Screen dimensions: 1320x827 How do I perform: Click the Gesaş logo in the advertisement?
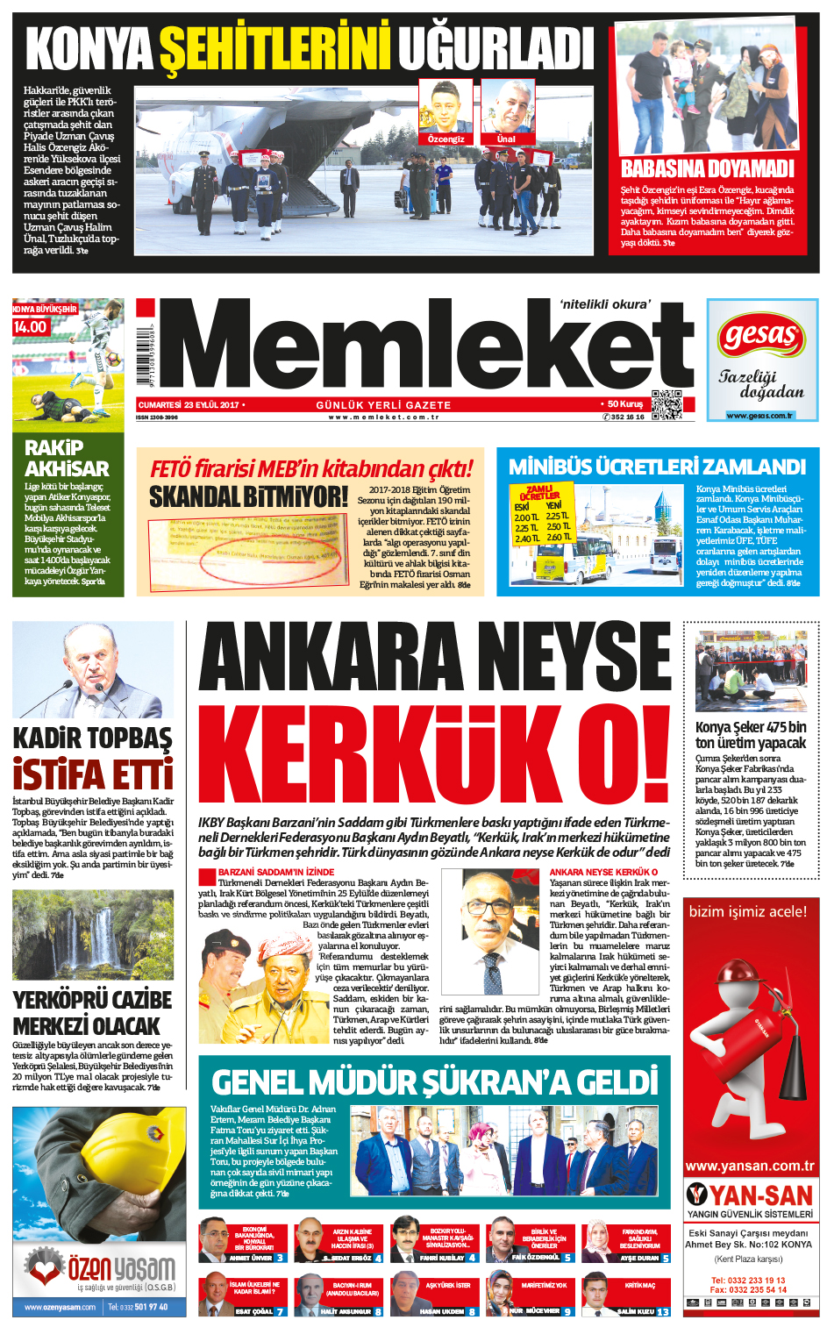tap(761, 336)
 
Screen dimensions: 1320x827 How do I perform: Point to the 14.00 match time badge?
tap(30, 327)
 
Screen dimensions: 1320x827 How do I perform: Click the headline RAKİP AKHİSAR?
tap(67, 459)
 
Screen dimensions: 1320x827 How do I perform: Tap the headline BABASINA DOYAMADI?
tap(707, 168)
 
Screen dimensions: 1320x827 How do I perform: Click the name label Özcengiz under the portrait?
tap(446, 139)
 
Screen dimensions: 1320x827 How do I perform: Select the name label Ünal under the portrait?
tap(507, 139)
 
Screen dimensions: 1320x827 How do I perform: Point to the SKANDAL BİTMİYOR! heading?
tap(248, 497)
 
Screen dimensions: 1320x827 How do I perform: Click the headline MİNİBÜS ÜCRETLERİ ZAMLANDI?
tap(657, 467)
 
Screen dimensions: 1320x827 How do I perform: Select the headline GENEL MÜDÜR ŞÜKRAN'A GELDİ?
tap(434, 1081)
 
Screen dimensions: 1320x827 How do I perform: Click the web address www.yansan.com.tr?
tap(750, 1167)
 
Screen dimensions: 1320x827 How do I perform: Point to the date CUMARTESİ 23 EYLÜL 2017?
tap(189, 405)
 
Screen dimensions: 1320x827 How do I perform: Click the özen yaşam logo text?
tap(121, 1268)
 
